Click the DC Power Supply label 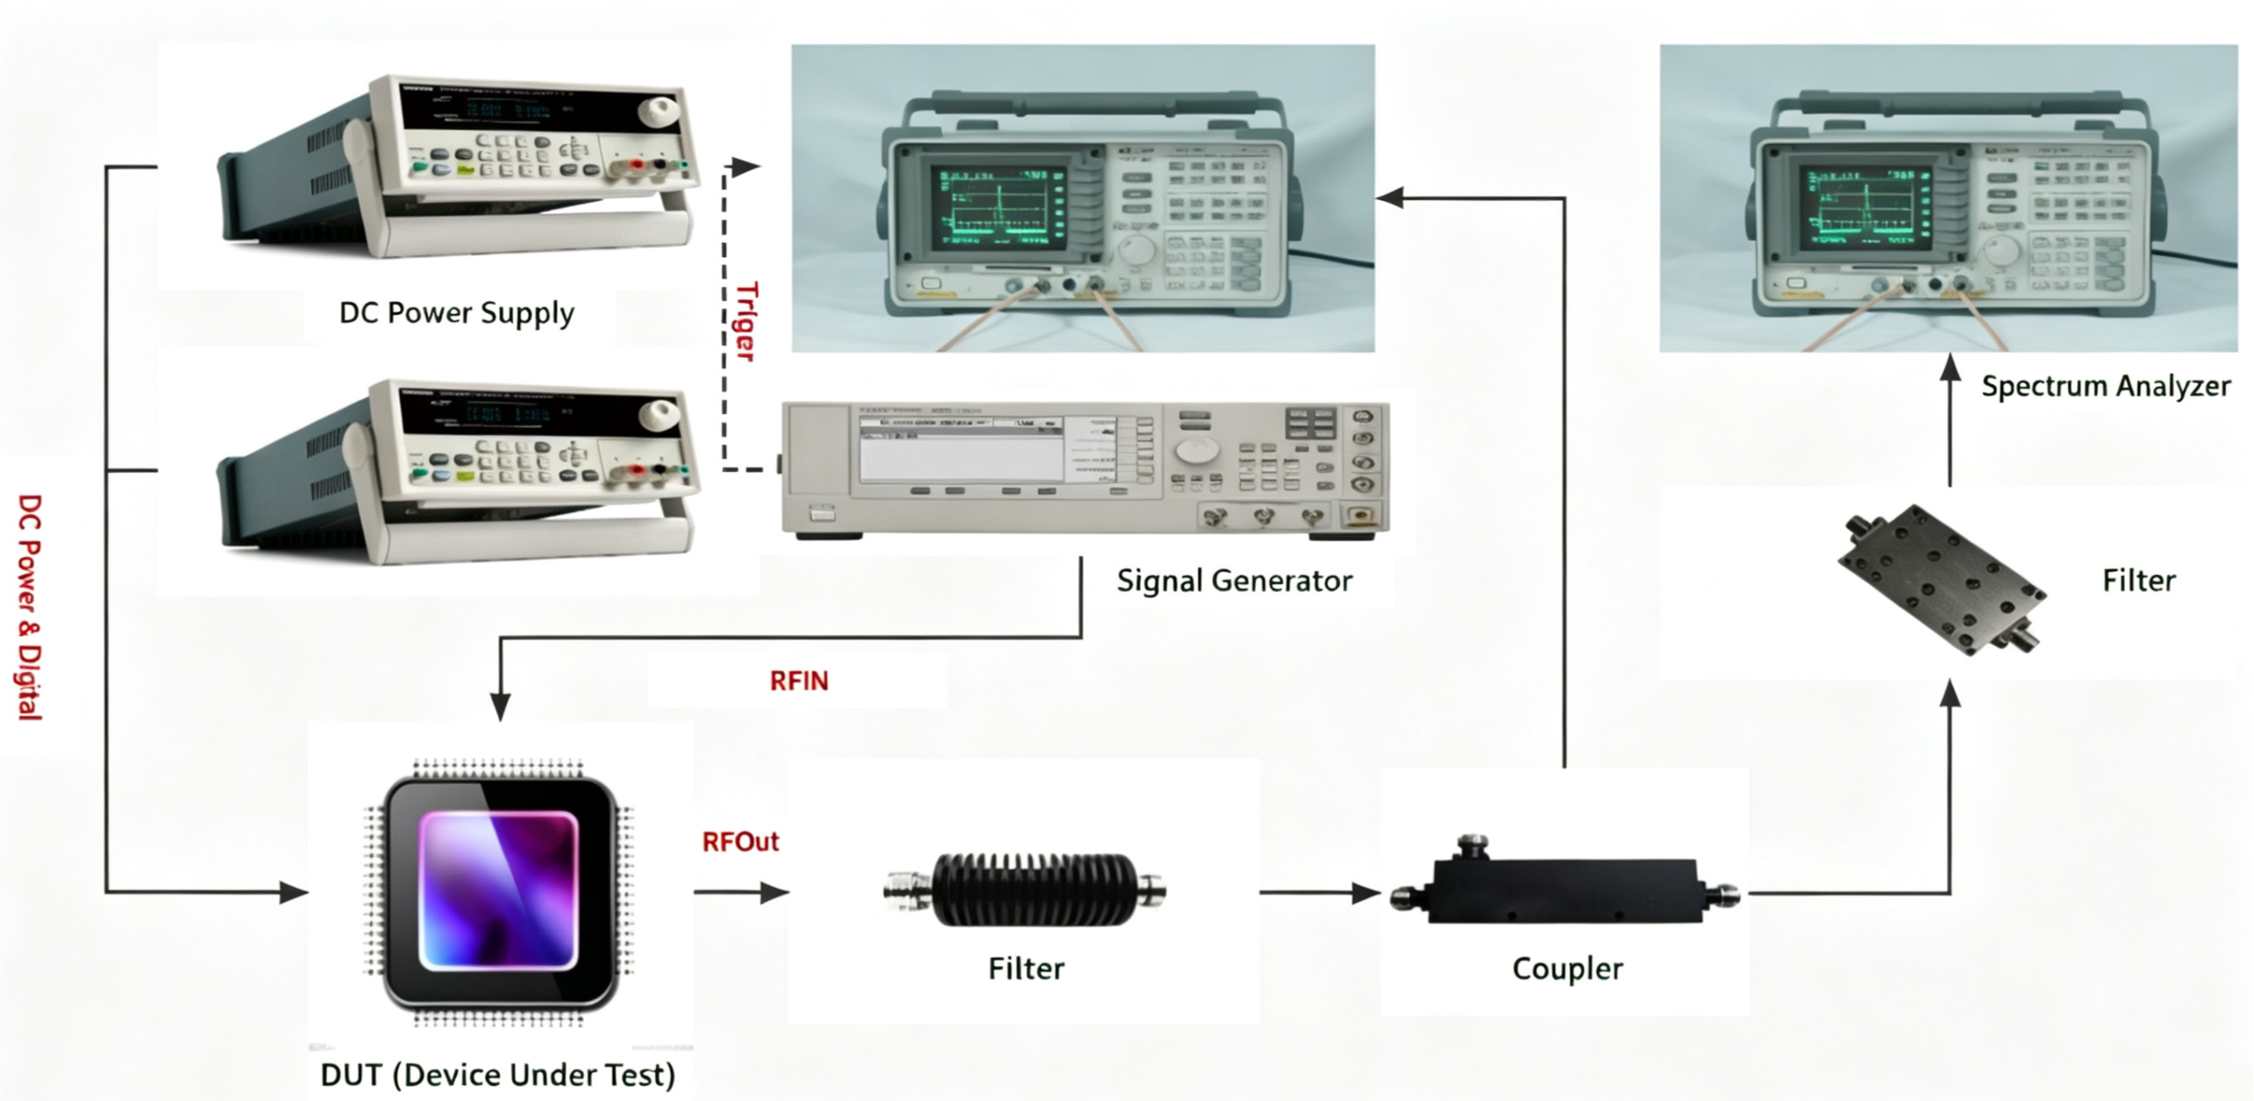coord(456,314)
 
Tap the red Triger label coord(746,321)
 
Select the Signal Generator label coord(1234,581)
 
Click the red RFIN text coord(799,681)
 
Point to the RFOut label coord(740,842)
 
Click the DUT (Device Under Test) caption coord(498,1075)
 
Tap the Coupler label coord(1567,969)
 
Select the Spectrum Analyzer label coord(2105,387)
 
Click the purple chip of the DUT coord(499,891)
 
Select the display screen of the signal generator coord(961,448)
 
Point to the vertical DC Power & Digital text coord(30,608)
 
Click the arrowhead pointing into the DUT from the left coord(294,892)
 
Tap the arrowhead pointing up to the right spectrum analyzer coord(1951,367)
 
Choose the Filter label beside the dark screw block coord(2139,581)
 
